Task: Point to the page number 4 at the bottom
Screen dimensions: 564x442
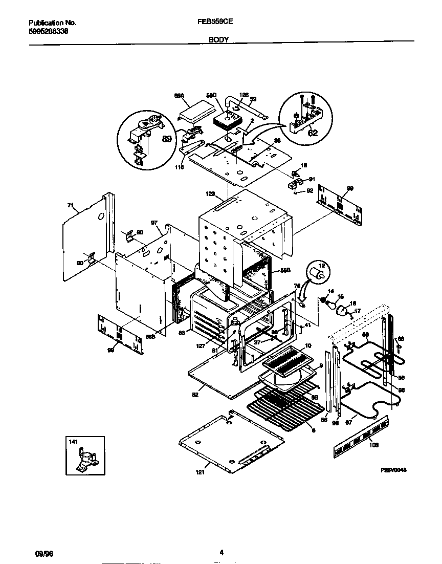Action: [222, 552]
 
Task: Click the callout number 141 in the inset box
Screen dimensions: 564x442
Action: [73, 441]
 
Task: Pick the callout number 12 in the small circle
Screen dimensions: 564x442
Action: [322, 265]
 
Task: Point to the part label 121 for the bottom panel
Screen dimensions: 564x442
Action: [200, 472]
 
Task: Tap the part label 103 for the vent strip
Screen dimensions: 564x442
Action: [374, 445]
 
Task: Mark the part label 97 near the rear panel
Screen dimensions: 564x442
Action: [153, 223]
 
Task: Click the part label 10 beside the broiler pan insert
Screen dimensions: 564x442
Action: [308, 346]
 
